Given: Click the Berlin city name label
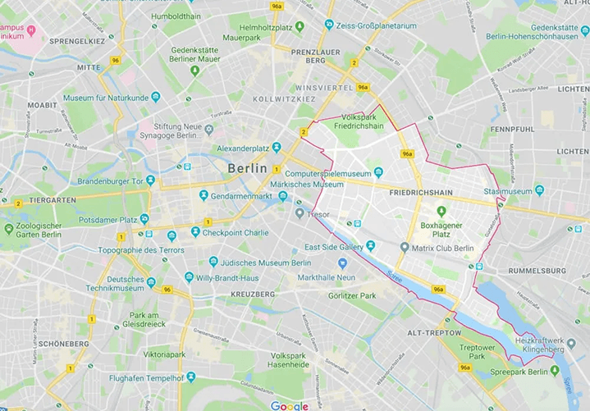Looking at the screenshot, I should click(x=247, y=167).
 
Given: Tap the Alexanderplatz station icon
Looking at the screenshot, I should click(x=277, y=148).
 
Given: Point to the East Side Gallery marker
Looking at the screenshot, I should click(x=370, y=246).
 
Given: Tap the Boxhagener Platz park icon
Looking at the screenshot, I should click(x=441, y=211).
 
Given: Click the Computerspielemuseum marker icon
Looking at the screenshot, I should click(x=378, y=173).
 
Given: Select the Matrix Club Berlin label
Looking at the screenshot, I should click(x=443, y=249).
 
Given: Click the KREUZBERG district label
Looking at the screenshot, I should click(x=252, y=294).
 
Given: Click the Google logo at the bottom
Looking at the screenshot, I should click(x=290, y=405).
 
